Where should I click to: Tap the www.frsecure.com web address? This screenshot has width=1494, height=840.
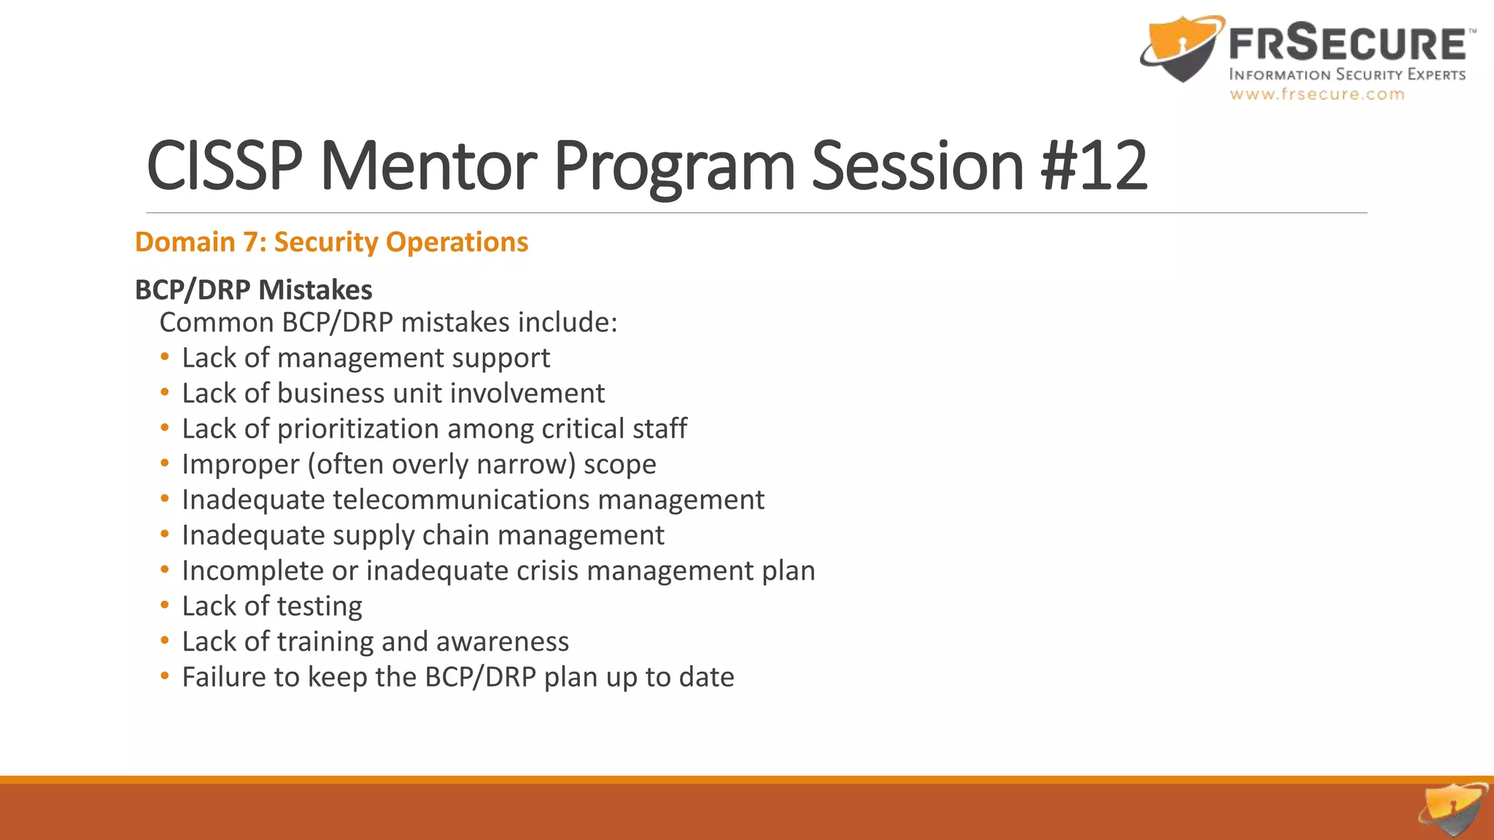coord(1317,94)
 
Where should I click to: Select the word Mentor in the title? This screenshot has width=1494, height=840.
coord(428,166)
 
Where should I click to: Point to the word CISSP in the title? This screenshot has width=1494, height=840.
coord(225,166)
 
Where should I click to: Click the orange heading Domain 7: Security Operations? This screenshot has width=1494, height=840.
coord(331,242)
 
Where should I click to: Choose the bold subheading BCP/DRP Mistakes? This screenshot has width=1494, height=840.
coord(253,289)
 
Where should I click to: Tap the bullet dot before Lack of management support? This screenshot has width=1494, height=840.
coord(165,357)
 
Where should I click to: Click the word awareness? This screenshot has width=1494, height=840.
coord(502,642)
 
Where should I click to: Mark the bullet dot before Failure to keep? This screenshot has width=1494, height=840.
coord(165,677)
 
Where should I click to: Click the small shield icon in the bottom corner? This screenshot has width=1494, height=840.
coord(1452,809)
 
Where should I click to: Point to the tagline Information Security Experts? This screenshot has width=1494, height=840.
coord(1347,74)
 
